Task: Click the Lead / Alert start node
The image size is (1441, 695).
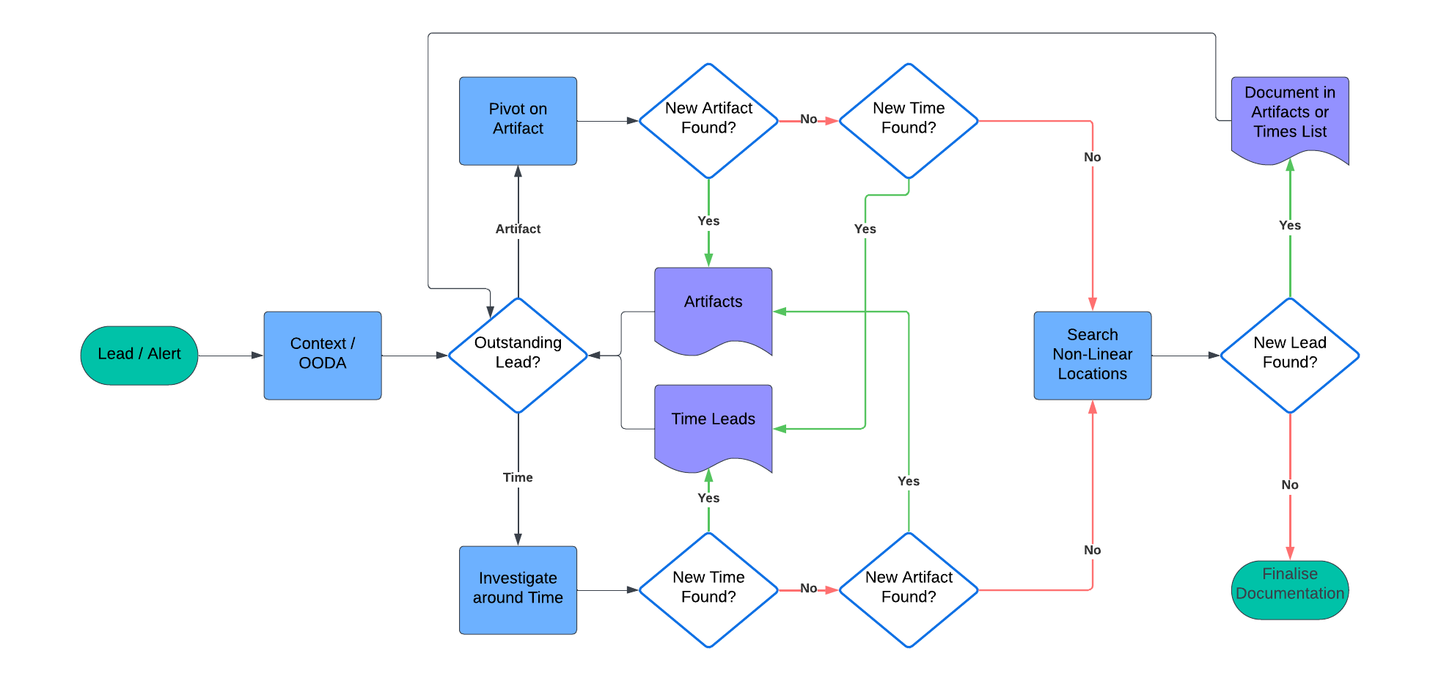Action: [139, 355]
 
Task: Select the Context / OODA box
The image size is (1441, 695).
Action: [322, 355]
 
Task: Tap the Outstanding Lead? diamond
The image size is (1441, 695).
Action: [518, 355]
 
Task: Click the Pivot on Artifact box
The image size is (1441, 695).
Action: [518, 120]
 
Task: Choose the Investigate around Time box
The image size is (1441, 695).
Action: [518, 589]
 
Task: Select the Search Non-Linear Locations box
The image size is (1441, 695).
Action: [1092, 355]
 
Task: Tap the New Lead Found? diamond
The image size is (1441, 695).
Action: [1289, 355]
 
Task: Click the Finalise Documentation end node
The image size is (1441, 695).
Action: [1289, 589]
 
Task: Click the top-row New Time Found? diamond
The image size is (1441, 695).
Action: [908, 120]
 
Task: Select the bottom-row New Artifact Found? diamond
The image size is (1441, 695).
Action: [908, 589]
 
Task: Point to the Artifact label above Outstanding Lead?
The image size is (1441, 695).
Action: [518, 229]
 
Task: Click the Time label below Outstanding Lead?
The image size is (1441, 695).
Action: [518, 477]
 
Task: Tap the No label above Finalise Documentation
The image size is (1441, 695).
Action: [1289, 485]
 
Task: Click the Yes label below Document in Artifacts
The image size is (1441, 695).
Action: [1289, 225]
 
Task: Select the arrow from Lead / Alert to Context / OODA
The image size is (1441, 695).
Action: [230, 355]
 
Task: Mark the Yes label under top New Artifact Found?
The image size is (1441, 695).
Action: [708, 221]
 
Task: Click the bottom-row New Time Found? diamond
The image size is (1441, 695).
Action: [708, 589]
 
